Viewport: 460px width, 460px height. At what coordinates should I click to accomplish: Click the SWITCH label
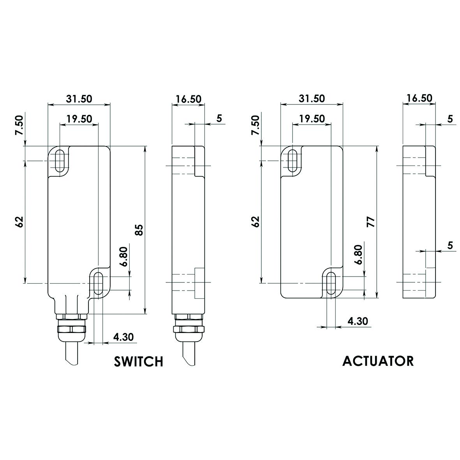(138, 361)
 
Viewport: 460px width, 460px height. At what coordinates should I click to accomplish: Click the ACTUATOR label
(378, 361)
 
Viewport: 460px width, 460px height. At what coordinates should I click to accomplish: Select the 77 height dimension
(372, 222)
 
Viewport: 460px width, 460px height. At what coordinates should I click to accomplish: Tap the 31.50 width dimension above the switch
(79, 99)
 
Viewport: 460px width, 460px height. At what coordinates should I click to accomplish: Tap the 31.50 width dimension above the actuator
(312, 99)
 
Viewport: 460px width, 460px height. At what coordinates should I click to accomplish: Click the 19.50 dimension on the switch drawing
(79, 119)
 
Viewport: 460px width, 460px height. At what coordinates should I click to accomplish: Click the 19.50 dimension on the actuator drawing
(312, 118)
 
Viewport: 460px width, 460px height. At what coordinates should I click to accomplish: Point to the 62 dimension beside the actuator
(255, 222)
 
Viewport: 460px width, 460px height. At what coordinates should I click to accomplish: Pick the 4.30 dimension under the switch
(123, 337)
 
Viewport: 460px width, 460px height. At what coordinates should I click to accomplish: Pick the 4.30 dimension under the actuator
(357, 321)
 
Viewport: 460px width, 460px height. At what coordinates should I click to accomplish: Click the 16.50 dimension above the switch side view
(188, 99)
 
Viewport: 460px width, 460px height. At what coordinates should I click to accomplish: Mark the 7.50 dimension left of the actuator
(255, 125)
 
